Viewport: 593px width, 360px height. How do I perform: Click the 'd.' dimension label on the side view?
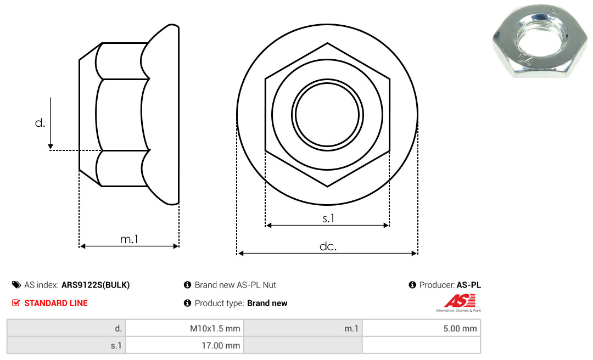(40, 123)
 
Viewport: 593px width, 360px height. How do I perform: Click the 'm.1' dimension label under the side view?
(130, 239)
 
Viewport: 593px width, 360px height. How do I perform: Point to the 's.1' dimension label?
(328, 218)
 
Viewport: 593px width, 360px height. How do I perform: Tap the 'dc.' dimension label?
(328, 246)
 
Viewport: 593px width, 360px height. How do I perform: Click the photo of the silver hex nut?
(540, 40)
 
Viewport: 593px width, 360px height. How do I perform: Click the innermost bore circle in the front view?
(327, 115)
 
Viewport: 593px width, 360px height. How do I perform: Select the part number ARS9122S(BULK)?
(96, 285)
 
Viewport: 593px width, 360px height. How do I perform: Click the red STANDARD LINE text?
(56, 303)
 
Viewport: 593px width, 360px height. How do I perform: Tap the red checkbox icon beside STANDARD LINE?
(16, 303)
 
